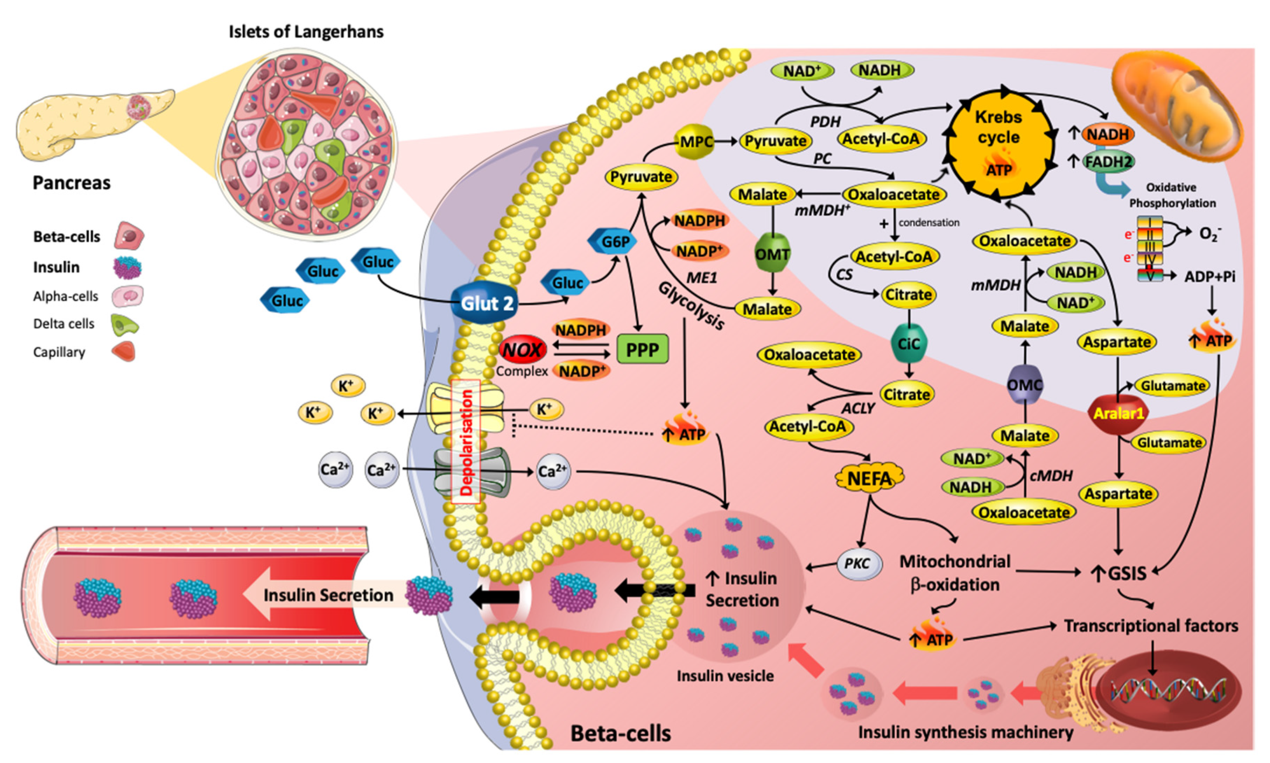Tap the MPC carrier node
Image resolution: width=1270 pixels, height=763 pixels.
696,142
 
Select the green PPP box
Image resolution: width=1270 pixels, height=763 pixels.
642,350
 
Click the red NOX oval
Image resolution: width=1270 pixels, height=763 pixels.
522,350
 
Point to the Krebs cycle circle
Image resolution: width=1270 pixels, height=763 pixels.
999,144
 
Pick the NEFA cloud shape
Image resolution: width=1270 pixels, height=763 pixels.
869,479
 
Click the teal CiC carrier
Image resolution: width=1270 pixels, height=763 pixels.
908,343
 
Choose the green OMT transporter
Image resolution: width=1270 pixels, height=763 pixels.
772,253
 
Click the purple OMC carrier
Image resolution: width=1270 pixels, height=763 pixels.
1024,385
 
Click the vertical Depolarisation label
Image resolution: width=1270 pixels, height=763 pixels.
466,442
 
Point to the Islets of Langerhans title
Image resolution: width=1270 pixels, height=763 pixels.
306,32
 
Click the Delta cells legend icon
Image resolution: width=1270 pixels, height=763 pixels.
125,324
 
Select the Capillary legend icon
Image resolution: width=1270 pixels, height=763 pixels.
124,352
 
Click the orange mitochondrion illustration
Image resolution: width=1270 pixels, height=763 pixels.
1178,103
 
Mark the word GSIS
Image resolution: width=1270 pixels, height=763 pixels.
1127,573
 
